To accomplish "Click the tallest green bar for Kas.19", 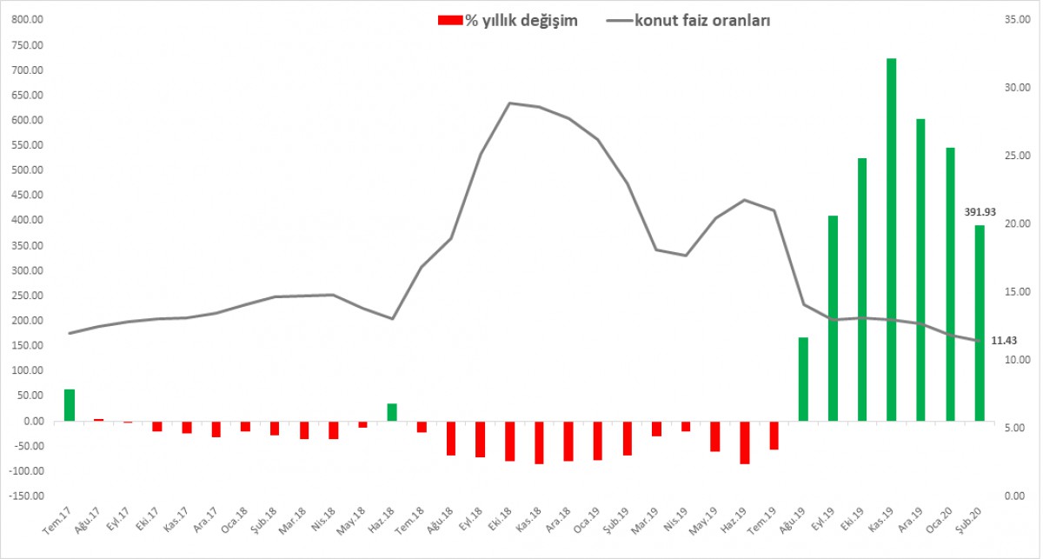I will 891,240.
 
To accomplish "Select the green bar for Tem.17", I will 70,405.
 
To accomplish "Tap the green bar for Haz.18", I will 392,412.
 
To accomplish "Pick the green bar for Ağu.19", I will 803,379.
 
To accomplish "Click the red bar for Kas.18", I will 539,443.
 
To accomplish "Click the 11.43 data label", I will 1006,341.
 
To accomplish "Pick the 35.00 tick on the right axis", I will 1017,20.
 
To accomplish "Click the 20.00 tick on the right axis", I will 1017,223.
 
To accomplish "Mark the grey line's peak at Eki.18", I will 509,103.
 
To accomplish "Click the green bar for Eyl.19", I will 833,318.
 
